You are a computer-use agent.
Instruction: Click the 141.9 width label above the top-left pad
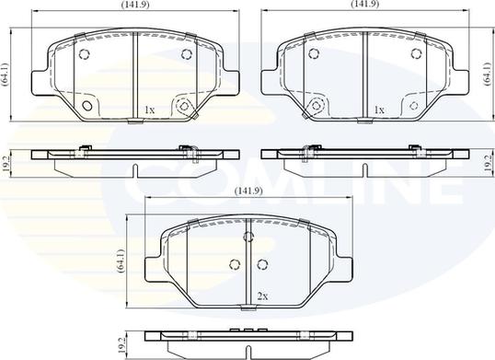tap(135, 5)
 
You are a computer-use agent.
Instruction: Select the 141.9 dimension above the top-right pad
tap(365, 4)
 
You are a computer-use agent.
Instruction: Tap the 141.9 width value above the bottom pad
tap(248, 191)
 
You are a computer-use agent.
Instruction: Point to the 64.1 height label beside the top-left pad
tap(6, 75)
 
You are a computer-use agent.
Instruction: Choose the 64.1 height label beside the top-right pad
tap(488, 75)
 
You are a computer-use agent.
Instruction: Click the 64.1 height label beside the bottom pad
tap(121, 261)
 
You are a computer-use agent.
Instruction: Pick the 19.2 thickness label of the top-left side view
tap(6, 163)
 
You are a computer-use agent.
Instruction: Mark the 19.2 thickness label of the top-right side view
tap(488, 163)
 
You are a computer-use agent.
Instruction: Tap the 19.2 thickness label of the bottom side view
tap(121, 345)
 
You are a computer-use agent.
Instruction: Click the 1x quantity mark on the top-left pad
tap(149, 110)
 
